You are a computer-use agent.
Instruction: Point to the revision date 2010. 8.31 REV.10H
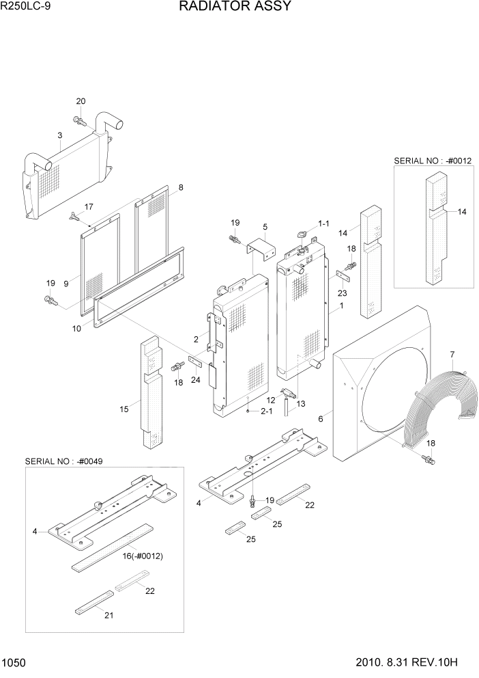[x=414, y=662]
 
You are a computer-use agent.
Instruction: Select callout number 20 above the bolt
[x=81, y=102]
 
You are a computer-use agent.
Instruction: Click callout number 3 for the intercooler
[x=60, y=136]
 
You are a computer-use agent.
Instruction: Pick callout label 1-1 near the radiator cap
[x=323, y=223]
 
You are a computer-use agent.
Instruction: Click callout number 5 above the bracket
[x=265, y=226]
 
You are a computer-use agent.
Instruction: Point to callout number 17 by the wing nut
[x=89, y=206]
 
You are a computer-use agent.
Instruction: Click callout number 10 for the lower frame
[x=76, y=328]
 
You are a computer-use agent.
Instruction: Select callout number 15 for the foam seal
[x=124, y=409]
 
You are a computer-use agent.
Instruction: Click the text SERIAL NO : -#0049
[x=64, y=461]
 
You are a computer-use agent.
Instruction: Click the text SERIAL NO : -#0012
[x=433, y=161]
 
